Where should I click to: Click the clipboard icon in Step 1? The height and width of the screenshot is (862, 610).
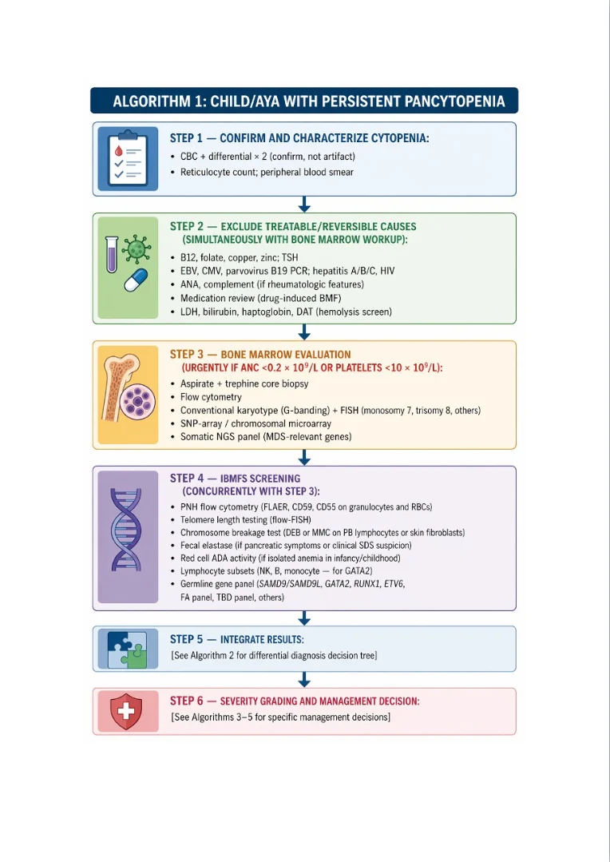click(128, 159)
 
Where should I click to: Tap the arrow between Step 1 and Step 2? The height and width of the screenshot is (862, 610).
click(304, 205)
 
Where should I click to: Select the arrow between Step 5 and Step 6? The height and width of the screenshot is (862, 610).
click(304, 680)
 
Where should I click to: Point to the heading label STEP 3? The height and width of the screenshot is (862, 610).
click(188, 354)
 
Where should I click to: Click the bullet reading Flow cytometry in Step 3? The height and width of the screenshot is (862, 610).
click(211, 397)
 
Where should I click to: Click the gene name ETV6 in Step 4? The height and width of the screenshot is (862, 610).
click(392, 584)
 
